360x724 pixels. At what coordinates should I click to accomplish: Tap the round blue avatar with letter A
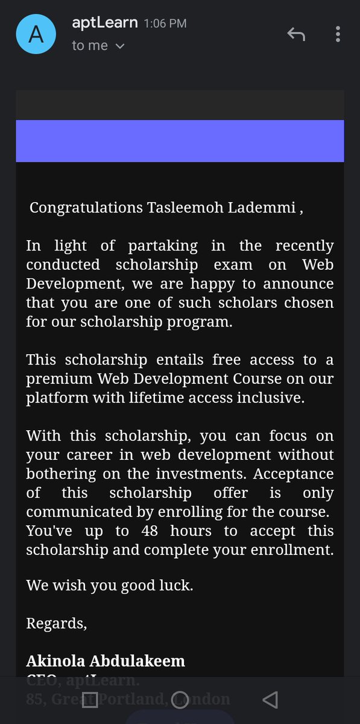36,34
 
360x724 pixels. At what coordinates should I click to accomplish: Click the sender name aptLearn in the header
106,23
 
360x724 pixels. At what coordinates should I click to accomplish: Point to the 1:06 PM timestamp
165,24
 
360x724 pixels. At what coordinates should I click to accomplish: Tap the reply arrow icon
295,34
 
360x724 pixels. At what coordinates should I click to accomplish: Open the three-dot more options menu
338,34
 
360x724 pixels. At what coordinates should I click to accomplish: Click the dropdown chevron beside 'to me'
120,46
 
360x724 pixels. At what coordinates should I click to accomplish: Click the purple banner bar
180,141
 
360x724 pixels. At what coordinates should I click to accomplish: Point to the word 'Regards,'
57,623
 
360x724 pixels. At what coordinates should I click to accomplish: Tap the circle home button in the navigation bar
180,700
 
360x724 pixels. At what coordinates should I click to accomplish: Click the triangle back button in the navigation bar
270,700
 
